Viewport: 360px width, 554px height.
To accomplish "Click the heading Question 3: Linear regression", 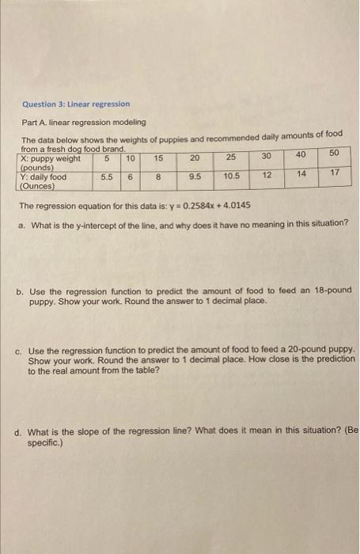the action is coord(76,104).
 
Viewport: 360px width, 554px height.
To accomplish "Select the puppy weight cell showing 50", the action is coord(333,153).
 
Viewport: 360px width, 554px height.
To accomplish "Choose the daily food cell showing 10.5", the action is coord(232,176).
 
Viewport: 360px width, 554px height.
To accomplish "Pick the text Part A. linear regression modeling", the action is coord(83,123).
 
